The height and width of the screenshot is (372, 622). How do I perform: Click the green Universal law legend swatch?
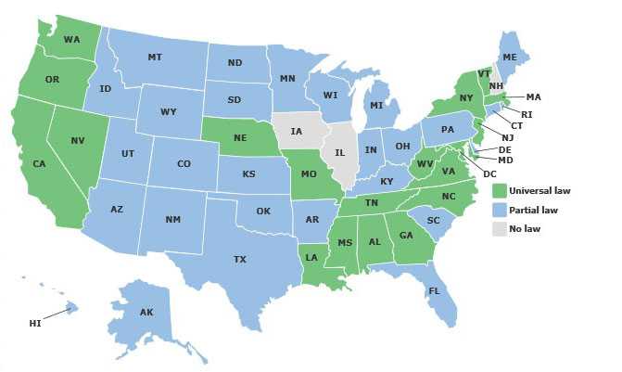click(x=500, y=191)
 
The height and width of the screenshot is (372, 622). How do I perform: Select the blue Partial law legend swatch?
click(x=500, y=210)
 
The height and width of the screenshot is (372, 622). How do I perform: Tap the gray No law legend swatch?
click(x=500, y=228)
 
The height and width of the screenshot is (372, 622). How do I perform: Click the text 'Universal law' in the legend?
click(x=539, y=191)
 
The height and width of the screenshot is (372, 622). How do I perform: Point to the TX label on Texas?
click(x=240, y=259)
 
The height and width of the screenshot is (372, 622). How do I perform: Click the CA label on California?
click(x=39, y=164)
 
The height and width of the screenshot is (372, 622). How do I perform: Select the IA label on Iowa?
click(x=296, y=132)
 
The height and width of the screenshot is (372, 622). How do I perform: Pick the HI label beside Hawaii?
click(x=34, y=323)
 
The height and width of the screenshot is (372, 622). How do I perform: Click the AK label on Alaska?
click(x=146, y=313)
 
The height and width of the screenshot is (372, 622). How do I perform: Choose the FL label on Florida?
click(x=433, y=290)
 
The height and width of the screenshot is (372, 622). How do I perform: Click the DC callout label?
click(x=490, y=174)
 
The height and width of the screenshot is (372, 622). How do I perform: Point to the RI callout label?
click(x=527, y=114)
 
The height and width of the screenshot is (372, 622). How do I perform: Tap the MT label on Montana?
click(x=155, y=58)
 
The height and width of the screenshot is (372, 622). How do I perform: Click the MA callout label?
click(x=533, y=96)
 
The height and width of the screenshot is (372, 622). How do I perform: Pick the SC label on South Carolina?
click(x=432, y=220)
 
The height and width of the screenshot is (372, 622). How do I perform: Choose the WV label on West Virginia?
click(x=425, y=164)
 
